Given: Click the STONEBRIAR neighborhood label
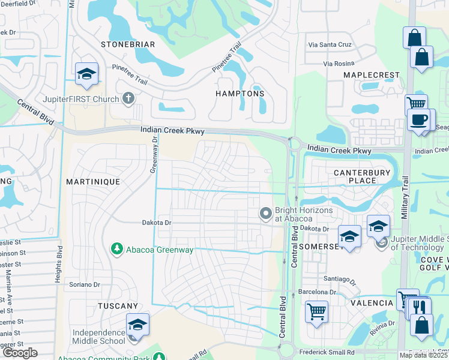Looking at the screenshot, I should pyautogui.click(x=128, y=44).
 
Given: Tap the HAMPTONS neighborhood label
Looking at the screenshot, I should pyautogui.click(x=240, y=94).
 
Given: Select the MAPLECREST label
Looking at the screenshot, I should pyautogui.click(x=371, y=75).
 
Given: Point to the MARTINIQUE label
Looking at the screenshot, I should pyautogui.click(x=94, y=181).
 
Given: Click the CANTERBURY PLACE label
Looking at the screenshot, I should pyautogui.click(x=362, y=177).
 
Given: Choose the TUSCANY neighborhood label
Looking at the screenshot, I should pyautogui.click(x=118, y=306).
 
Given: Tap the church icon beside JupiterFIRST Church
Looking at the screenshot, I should pyautogui.click(x=127, y=98).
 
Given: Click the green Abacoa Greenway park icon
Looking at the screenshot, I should pyautogui.click(x=116, y=248).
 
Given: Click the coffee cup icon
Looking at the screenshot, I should pyautogui.click(x=419, y=119).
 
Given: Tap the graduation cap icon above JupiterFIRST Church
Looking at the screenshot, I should pyautogui.click(x=86, y=73).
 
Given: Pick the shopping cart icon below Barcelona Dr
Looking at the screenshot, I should pyautogui.click(x=316, y=311).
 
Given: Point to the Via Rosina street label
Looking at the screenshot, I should pyautogui.click(x=340, y=64).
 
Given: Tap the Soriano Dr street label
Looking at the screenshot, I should pyautogui.click(x=83, y=284).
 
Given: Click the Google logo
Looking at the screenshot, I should pyautogui.click(x=20, y=353).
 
